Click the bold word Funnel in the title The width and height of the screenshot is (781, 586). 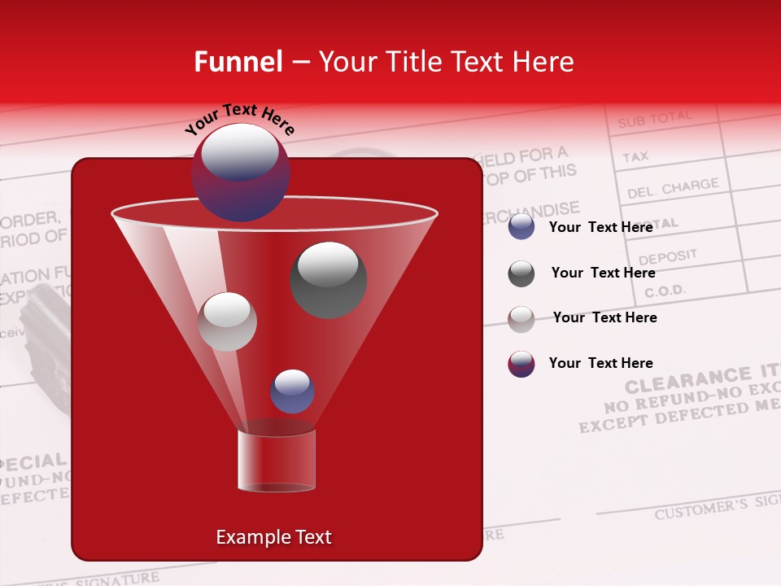(238, 62)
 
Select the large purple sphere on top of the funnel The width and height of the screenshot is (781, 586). (240, 173)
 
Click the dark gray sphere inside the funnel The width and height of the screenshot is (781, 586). (329, 280)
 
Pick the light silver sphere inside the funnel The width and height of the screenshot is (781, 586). (227, 321)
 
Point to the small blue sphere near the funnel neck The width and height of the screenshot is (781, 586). (292, 391)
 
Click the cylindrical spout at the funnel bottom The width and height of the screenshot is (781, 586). (277, 461)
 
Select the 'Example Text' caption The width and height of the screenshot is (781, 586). (273, 537)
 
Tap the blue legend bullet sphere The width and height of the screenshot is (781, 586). (521, 227)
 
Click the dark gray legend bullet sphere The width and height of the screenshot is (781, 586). (521, 273)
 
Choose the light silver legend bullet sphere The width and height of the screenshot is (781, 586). (521, 318)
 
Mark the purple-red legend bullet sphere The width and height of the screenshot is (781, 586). (521, 364)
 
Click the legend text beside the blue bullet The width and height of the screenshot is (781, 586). (600, 227)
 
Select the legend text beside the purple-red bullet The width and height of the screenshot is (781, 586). (600, 363)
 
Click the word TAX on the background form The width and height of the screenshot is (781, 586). (635, 156)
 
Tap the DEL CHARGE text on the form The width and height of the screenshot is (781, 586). (672, 189)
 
